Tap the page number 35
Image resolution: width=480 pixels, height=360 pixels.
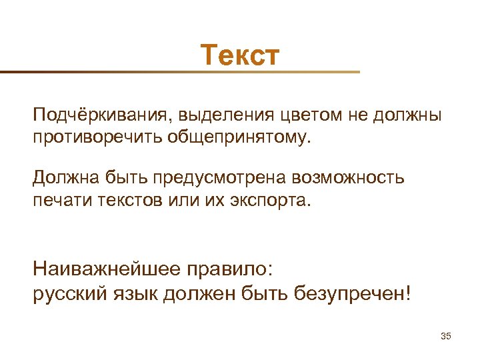(x=446, y=335)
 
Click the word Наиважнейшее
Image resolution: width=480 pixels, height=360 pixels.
(x=105, y=270)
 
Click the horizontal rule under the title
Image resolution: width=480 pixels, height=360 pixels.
(x=180, y=71)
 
